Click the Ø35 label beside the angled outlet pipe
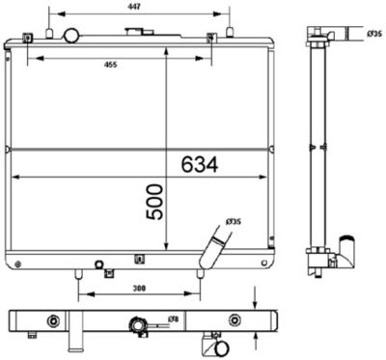point(234,222)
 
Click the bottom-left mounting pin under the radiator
point(76,272)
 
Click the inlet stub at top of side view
point(319,42)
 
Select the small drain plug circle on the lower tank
point(99,263)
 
